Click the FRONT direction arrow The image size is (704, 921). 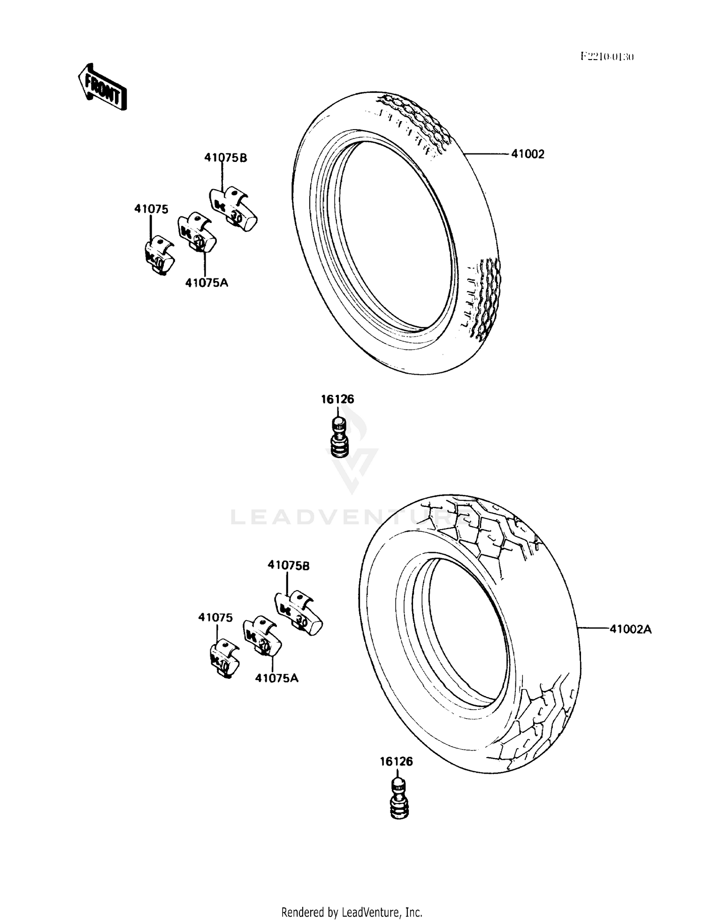[102, 88]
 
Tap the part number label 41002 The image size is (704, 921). [528, 154]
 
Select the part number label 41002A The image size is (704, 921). [630, 629]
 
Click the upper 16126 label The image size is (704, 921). [337, 399]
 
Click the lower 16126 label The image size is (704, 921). [396, 761]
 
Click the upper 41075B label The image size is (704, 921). [225, 158]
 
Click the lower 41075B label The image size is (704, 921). [289, 565]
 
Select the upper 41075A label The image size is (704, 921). [207, 283]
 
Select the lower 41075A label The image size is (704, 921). [277, 678]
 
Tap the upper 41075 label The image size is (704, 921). [151, 209]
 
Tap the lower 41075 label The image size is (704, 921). [215, 618]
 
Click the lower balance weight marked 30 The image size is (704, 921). [298, 613]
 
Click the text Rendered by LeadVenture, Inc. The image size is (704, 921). [352, 912]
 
